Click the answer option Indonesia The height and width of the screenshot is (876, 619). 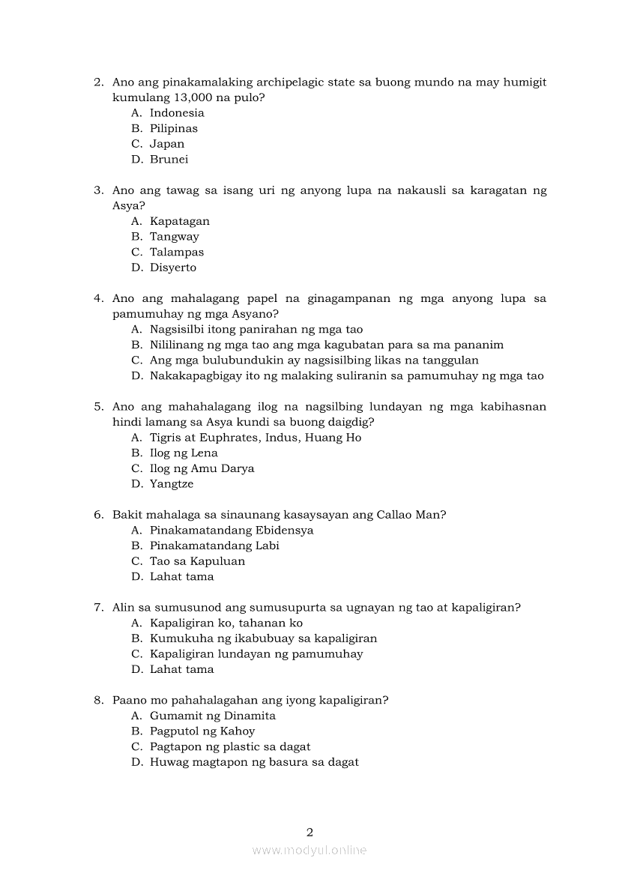point(177,113)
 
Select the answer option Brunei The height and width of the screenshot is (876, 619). point(169,160)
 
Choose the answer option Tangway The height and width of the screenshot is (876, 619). point(174,237)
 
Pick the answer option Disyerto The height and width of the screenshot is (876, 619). point(172,268)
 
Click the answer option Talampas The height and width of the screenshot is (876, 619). point(176,253)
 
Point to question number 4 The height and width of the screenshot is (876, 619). point(98,298)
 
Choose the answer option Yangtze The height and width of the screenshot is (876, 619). point(171,484)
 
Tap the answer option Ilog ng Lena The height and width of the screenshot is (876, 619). point(184,453)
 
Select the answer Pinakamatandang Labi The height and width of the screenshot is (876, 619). point(214,546)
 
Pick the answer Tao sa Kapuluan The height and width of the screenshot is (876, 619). point(197,561)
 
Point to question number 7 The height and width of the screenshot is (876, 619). point(98,608)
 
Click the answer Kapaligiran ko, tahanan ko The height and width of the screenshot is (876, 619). point(226,623)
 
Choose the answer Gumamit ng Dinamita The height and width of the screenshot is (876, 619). point(212,716)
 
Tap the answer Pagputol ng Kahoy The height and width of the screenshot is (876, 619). point(202,731)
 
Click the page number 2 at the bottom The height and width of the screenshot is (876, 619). point(309,832)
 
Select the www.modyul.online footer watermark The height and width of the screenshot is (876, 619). point(309,850)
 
